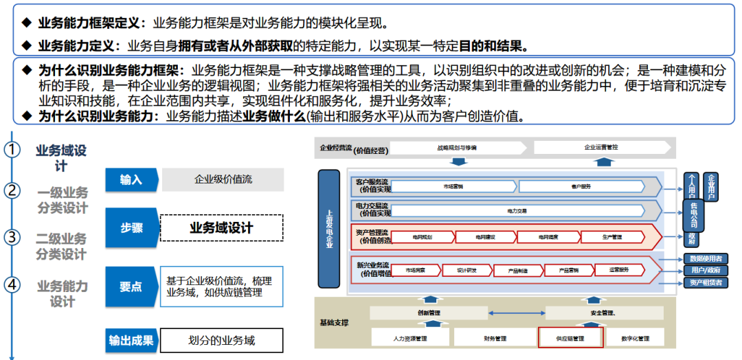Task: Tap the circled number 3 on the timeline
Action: pos(12,238)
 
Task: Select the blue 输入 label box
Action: pos(131,180)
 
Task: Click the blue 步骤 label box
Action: pos(131,228)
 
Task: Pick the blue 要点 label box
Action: pos(131,286)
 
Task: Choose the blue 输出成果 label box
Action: pos(131,340)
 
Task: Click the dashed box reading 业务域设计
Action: pos(221,228)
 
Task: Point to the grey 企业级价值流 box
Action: pos(222,180)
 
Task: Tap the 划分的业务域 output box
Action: pos(221,340)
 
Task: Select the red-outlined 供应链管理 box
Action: pos(570,338)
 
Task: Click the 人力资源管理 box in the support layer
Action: pos(410,338)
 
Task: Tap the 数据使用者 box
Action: pos(705,259)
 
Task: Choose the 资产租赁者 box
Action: pos(705,282)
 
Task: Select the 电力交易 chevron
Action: pos(517,210)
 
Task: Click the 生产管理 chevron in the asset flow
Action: pos(611,237)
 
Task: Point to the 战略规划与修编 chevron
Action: pos(456,148)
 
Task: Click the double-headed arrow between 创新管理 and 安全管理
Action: pos(517,313)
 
